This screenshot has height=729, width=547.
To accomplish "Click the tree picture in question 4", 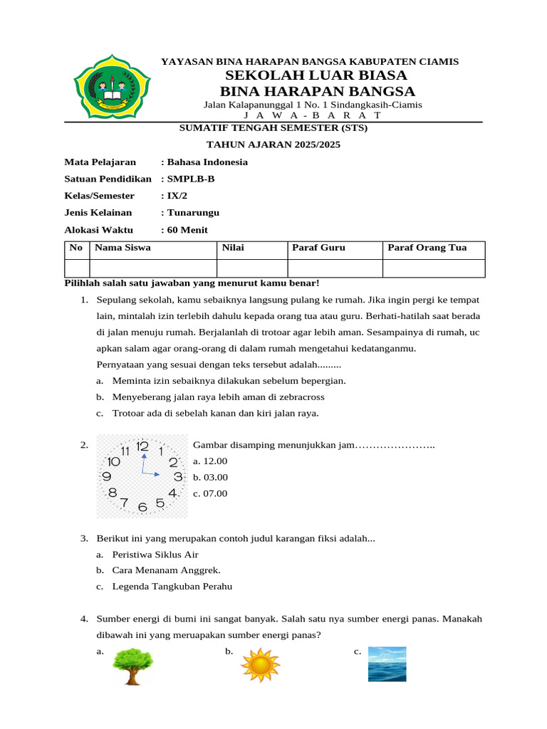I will tap(132, 665).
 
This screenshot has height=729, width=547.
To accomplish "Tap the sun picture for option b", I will tap(260, 664).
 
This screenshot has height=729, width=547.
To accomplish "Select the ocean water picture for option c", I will tap(387, 664).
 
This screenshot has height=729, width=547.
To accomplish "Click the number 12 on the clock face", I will tap(142, 446).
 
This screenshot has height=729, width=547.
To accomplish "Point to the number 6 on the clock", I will tap(142, 507).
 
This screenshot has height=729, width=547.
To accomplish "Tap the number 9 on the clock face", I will tap(107, 476).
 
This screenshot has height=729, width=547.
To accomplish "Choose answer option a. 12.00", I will tap(210, 461).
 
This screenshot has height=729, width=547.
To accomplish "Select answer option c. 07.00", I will tap(210, 493).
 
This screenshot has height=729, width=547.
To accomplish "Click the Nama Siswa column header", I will tap(123, 248).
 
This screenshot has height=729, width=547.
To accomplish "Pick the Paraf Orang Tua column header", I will tap(427, 248).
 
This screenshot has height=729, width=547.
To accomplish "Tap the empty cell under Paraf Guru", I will tap(335, 268).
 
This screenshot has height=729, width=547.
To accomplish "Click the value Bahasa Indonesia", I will tap(207, 162).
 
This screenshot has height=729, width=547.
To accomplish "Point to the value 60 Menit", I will tap(187, 229).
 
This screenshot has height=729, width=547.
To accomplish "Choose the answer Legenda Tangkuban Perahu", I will tap(172, 587).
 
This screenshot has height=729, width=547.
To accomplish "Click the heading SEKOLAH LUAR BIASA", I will tap(316, 75).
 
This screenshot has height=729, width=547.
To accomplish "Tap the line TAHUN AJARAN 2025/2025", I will tap(273, 145).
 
